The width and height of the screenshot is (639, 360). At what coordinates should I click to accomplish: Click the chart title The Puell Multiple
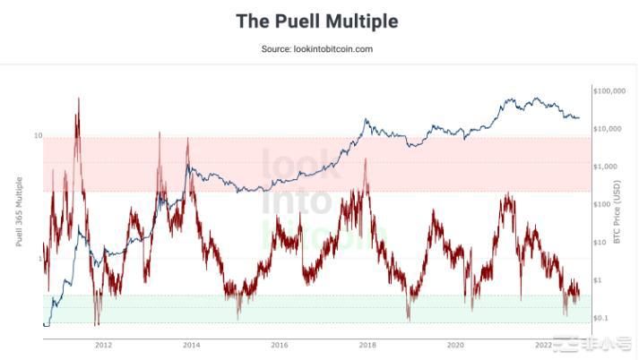click(317, 21)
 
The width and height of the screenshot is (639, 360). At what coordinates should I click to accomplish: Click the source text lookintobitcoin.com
click(317, 49)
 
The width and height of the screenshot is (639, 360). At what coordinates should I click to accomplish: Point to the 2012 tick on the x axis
click(103, 344)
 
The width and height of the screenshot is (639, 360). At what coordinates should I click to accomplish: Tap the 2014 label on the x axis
click(191, 344)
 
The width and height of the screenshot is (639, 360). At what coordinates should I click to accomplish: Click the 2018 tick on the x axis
click(367, 344)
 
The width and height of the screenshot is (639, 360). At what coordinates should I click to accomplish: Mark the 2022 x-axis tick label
click(543, 344)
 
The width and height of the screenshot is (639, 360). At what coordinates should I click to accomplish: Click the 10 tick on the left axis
click(39, 136)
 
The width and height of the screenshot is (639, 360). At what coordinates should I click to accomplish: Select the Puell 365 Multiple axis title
click(19, 210)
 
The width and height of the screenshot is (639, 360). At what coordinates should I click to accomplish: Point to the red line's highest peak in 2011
click(78, 98)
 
